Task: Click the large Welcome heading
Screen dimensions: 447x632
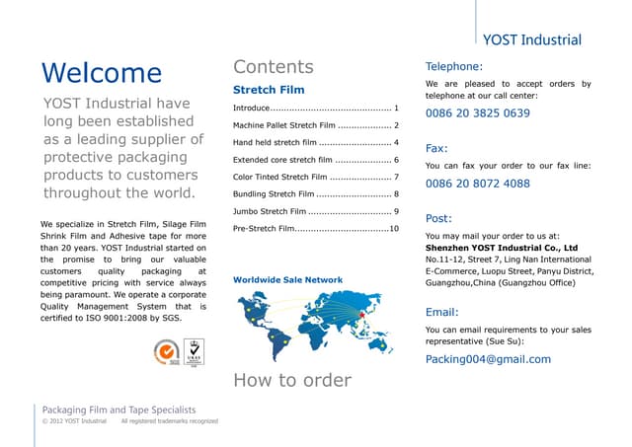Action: click(x=102, y=73)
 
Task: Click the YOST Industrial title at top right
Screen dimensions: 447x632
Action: click(x=532, y=40)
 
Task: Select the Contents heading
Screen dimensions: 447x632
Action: click(x=274, y=67)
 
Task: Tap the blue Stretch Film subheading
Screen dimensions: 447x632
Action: click(x=262, y=91)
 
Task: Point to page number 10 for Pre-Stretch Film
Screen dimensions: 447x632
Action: click(x=393, y=229)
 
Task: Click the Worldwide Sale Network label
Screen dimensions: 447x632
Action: click(x=287, y=280)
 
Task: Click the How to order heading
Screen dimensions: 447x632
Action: click(x=291, y=380)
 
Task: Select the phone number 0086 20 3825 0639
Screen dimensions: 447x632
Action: click(x=477, y=113)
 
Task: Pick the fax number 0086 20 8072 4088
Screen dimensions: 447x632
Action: click(x=477, y=184)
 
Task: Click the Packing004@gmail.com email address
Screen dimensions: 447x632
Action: click(x=488, y=359)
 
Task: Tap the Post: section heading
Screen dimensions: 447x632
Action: click(x=437, y=218)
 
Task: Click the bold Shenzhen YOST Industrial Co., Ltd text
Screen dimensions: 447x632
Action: click(x=501, y=249)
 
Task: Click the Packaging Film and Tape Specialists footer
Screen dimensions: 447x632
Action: click(x=118, y=410)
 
